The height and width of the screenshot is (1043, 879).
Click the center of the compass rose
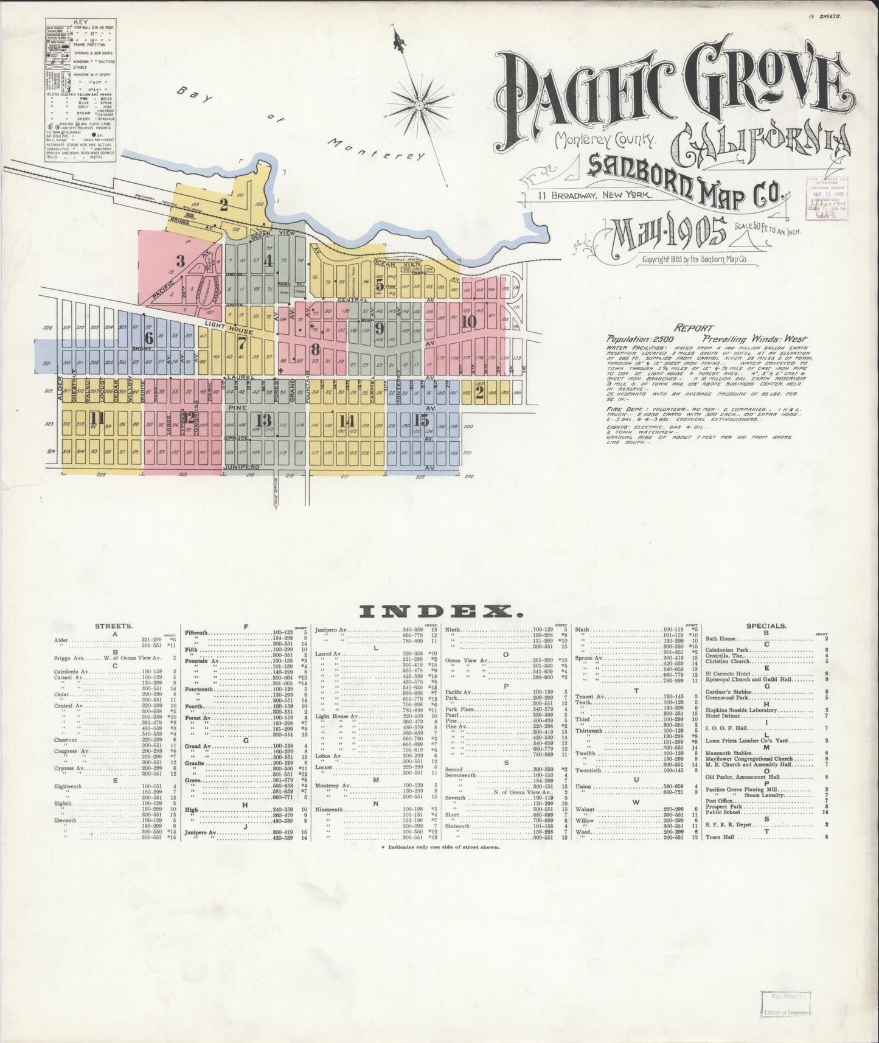(x=419, y=105)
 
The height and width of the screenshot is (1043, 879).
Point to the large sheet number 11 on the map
(x=97, y=417)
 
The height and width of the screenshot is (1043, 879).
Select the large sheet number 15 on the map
(x=422, y=420)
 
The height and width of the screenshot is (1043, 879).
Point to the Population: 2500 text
(x=635, y=338)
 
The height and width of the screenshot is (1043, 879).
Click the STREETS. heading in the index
(x=114, y=626)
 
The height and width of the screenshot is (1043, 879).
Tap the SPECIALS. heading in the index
(x=766, y=626)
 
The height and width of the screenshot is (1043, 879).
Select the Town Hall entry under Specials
(x=721, y=837)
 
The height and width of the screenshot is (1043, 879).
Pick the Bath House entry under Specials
(x=722, y=639)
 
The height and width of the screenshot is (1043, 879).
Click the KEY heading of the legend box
(x=80, y=22)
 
